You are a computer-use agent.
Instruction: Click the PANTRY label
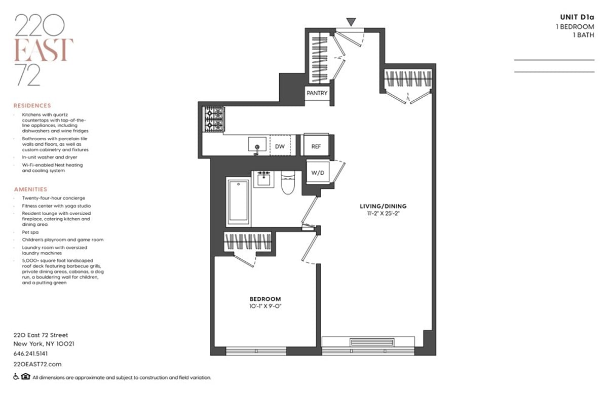click(318, 93)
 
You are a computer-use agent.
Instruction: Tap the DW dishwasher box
click(280, 146)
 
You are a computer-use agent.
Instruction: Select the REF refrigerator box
click(316, 146)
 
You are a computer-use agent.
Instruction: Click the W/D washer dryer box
click(318, 173)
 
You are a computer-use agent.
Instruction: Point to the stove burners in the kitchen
click(213, 120)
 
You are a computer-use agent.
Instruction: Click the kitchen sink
click(257, 145)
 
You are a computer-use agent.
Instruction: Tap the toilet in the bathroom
click(287, 183)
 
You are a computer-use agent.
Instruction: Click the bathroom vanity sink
click(263, 179)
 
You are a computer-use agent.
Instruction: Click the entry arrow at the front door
click(351, 22)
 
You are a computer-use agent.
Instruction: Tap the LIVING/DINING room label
click(383, 206)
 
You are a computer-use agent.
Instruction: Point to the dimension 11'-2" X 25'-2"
click(383, 214)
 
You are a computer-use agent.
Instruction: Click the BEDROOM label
click(264, 299)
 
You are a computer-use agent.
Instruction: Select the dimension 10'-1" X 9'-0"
click(264, 307)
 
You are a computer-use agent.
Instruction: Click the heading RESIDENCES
click(32, 106)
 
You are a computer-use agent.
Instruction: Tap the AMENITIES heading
click(30, 189)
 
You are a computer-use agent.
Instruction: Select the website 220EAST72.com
click(37, 364)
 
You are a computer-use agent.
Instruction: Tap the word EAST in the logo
click(44, 50)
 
